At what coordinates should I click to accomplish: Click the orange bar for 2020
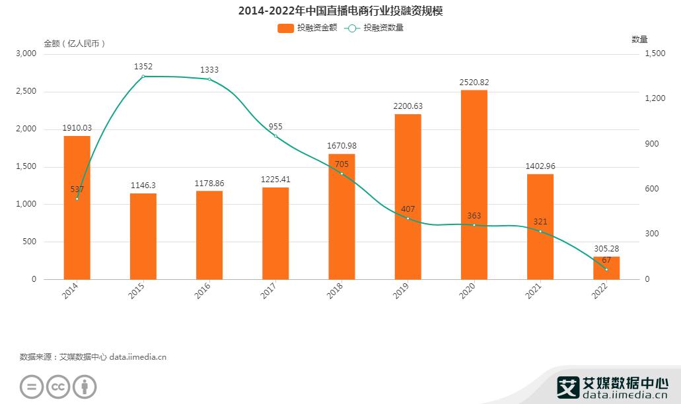474,185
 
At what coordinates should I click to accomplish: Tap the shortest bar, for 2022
606,268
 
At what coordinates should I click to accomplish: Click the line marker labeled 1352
143,77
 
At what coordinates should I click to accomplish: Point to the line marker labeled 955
275,136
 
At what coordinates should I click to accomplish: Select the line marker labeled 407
408,219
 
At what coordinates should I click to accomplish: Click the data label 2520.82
474,82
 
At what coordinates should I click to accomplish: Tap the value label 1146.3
143,185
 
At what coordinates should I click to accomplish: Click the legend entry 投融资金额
308,28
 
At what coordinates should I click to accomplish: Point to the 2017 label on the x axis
268,290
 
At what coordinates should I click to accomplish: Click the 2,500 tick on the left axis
26,91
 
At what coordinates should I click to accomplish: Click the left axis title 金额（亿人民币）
75,44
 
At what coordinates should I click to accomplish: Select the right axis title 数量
639,40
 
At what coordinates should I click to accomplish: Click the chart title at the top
340,11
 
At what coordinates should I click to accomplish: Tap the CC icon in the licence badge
57,387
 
